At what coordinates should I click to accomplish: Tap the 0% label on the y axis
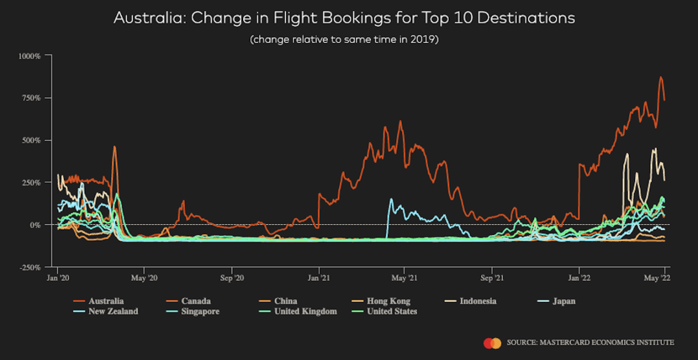35,224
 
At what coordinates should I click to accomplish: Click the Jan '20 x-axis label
58,278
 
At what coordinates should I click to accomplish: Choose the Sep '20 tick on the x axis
232,278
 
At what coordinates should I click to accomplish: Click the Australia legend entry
106,301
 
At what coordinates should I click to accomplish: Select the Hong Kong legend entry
388,301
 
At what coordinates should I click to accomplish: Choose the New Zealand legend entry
113,311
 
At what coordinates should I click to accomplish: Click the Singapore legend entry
201,311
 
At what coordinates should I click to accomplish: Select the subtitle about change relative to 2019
344,40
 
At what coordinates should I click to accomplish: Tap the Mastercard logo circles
492,343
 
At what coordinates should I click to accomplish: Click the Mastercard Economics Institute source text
590,343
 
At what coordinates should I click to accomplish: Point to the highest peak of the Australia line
661,77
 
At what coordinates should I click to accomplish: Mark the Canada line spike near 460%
115,147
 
